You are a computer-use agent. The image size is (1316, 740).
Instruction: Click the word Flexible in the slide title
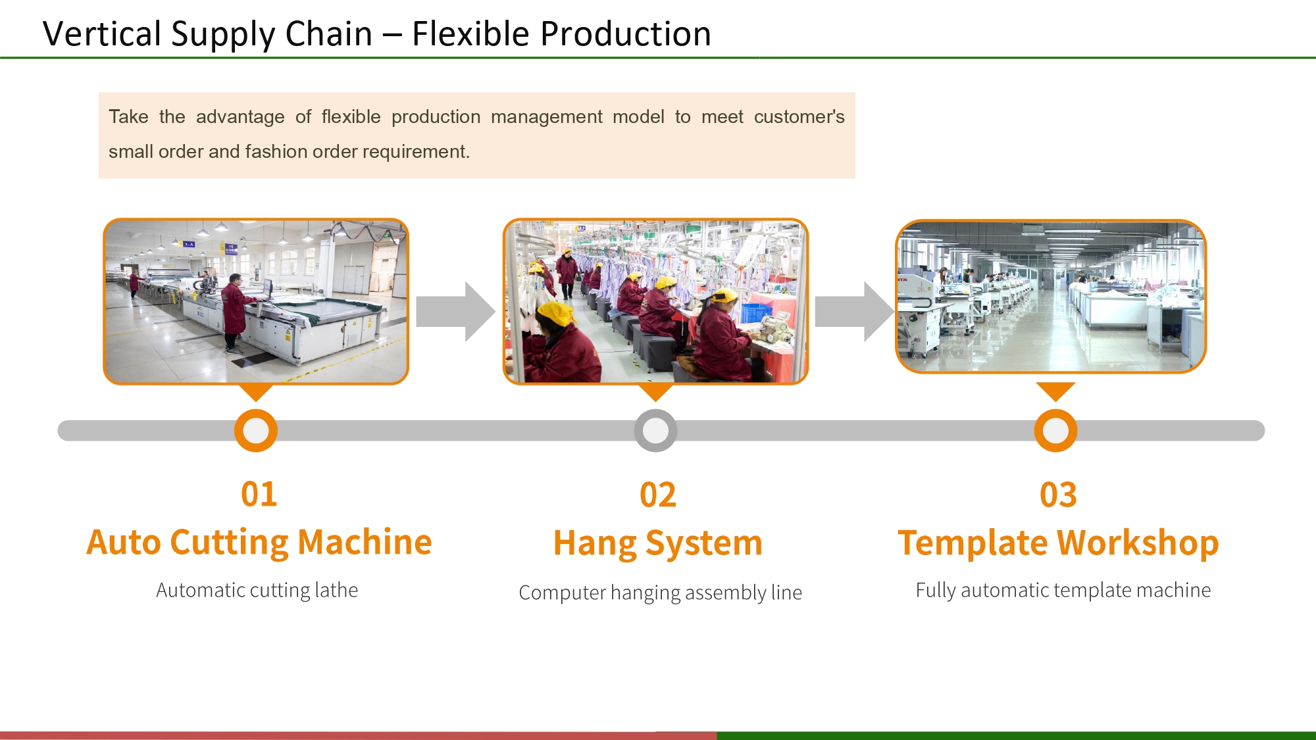click(470, 34)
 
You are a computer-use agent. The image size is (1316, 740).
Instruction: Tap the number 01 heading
click(259, 494)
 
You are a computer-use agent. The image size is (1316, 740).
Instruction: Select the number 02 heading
click(657, 495)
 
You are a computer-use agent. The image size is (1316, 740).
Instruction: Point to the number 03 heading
click(1057, 495)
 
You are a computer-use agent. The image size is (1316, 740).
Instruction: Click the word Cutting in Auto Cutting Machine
click(228, 543)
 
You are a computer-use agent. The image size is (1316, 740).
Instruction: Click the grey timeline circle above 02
click(655, 431)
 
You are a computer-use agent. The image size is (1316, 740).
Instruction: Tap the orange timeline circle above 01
click(256, 431)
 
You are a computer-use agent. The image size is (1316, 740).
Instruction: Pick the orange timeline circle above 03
click(1055, 431)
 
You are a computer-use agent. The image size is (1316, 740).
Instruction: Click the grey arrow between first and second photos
click(455, 311)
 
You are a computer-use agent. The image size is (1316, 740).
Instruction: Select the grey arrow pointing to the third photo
click(854, 311)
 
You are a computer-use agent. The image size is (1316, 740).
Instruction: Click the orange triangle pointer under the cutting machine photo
click(256, 392)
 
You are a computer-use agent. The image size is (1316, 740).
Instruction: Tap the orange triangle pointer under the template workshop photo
click(1055, 391)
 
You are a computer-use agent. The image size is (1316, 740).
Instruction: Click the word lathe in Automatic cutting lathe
click(336, 590)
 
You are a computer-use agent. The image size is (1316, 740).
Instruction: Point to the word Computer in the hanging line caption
click(561, 593)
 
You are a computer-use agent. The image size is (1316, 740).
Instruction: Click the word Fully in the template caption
click(935, 590)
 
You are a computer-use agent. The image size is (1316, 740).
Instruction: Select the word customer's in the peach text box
click(799, 117)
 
